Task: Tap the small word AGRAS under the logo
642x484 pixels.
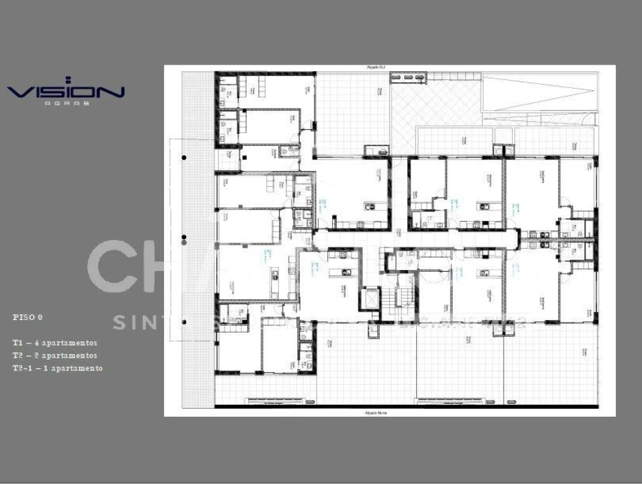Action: (x=67, y=103)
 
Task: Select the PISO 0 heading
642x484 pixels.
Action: (x=28, y=316)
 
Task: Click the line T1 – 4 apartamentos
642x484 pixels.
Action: (x=54, y=343)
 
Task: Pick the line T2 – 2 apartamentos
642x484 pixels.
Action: (x=54, y=356)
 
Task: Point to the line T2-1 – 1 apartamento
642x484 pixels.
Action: (x=57, y=368)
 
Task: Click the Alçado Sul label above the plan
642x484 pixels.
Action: (x=375, y=68)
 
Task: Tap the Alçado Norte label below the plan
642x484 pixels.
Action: (x=373, y=411)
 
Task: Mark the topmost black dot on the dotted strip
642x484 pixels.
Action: (x=184, y=157)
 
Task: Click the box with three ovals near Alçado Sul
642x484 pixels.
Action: (x=408, y=78)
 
